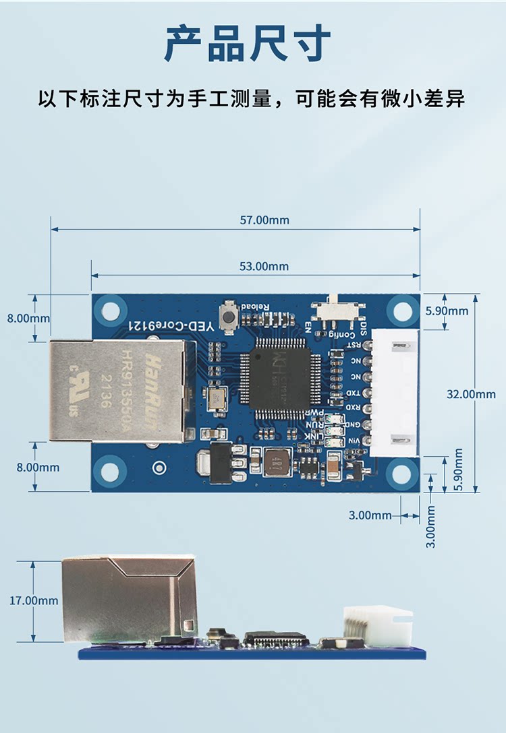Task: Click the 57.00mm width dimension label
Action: (264, 220)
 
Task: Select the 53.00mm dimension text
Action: (264, 266)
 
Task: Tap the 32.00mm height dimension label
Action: (471, 394)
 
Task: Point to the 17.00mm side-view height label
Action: (34, 600)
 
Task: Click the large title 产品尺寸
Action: (248, 44)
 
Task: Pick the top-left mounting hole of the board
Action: (109, 311)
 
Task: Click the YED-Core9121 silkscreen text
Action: (171, 325)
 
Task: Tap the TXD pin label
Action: (353, 393)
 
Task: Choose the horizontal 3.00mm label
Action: (370, 515)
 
